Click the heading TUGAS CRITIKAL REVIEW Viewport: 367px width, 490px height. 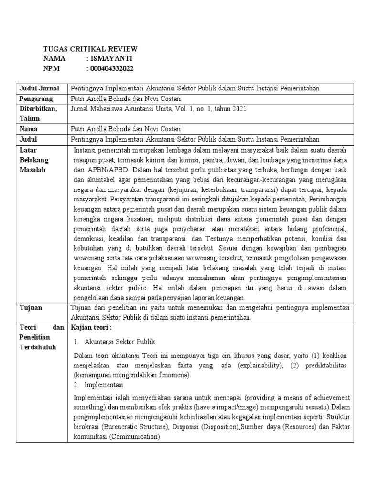pos(90,49)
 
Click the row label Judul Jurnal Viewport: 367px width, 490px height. pos(39,89)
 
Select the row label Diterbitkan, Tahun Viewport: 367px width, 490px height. pos(38,114)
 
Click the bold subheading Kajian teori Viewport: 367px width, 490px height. pos(91,328)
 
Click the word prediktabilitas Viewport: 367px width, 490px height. pos(320,365)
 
